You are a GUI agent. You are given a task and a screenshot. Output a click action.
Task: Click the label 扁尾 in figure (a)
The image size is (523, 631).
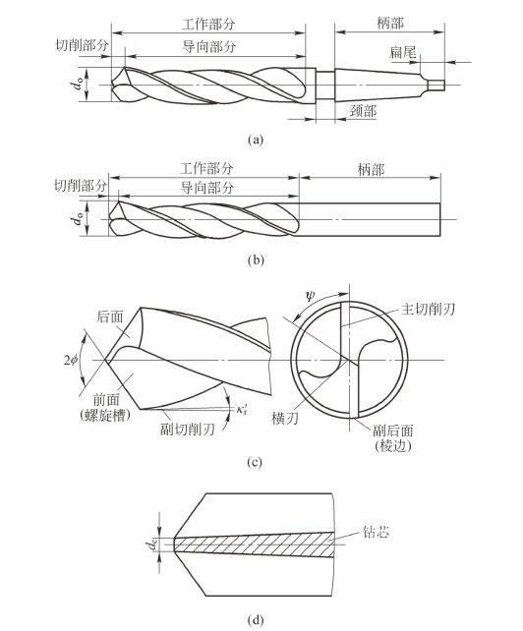tap(403, 51)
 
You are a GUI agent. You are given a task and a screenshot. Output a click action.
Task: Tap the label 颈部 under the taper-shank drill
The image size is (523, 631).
tap(363, 111)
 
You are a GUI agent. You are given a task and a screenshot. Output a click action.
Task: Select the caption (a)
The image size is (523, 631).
tap(256, 140)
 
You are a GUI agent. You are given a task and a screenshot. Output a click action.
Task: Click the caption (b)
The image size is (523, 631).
tap(256, 260)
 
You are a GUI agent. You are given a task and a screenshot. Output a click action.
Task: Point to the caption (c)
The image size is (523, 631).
tap(255, 462)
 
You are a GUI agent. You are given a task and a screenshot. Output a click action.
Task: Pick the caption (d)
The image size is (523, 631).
tap(256, 620)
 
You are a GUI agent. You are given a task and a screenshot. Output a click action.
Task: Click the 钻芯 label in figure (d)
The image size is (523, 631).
tap(376, 532)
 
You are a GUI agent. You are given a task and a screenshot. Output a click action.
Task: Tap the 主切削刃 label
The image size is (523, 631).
tap(428, 309)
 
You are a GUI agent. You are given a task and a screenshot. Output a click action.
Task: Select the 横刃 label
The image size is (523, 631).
tap(285, 419)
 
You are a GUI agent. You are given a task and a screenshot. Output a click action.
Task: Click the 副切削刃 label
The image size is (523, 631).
tap(187, 430)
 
